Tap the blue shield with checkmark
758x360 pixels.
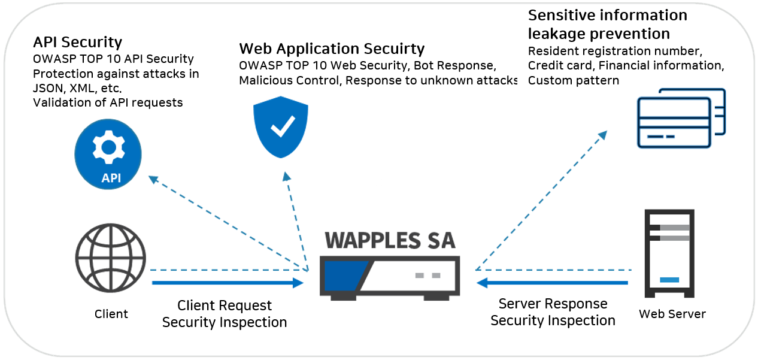[281, 127]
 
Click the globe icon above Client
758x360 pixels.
[111, 258]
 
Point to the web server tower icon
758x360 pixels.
[669, 253]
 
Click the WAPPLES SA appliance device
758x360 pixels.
[390, 277]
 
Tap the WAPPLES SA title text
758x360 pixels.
[390, 240]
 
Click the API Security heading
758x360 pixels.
[78, 42]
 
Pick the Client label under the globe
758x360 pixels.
[111, 314]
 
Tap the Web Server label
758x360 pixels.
[672, 314]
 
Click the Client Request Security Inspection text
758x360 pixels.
[225, 314]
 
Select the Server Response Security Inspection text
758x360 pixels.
[553, 312]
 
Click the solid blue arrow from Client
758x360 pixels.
[228, 283]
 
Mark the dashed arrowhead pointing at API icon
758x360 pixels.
[153, 179]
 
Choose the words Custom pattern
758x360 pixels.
[574, 80]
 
